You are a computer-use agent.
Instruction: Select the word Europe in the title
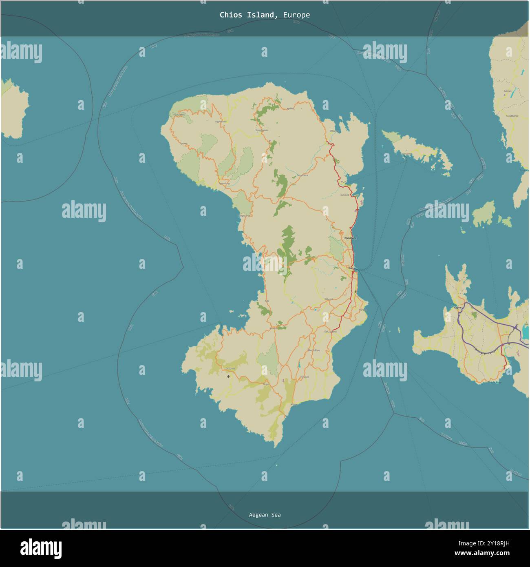pyautogui.click(x=296, y=15)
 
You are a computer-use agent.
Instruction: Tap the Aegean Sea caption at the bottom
pyautogui.click(x=265, y=515)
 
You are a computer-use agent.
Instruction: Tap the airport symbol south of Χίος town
pyautogui.click(x=356, y=292)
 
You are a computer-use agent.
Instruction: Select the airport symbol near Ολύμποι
pyautogui.click(x=228, y=376)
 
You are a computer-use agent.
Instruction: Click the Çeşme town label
pyautogui.click(x=457, y=308)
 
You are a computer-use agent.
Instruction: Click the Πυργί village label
pyautogui.click(x=266, y=384)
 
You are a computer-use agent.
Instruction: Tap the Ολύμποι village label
pyautogui.click(x=230, y=369)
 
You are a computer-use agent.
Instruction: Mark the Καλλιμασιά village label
pyautogui.click(x=330, y=332)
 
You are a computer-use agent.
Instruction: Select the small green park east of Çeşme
pyautogui.click(x=474, y=315)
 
